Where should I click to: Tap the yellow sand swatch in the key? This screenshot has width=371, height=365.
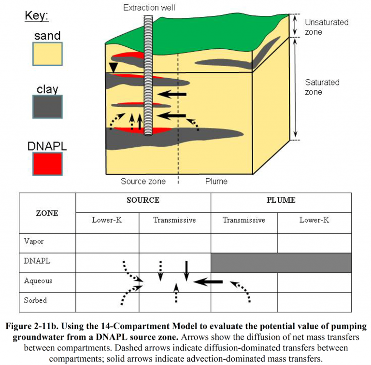tap(47, 54)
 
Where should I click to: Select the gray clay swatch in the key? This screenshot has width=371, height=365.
tap(47, 107)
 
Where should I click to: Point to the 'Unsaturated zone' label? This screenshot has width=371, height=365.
tap(320, 27)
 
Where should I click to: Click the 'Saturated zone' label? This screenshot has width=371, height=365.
tap(323, 87)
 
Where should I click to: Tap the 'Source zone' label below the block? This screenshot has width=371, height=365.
tap(143, 182)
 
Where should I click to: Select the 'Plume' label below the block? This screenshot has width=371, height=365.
tap(216, 182)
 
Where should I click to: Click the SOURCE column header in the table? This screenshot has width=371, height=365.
tap(143, 200)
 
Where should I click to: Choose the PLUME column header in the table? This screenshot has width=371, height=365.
tap(281, 200)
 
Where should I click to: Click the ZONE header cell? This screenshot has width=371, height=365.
tap(47, 213)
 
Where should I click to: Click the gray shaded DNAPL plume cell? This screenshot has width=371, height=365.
tap(281, 262)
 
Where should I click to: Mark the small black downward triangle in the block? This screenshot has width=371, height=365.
tap(113, 69)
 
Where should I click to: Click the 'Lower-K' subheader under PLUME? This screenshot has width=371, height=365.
tap(314, 220)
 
